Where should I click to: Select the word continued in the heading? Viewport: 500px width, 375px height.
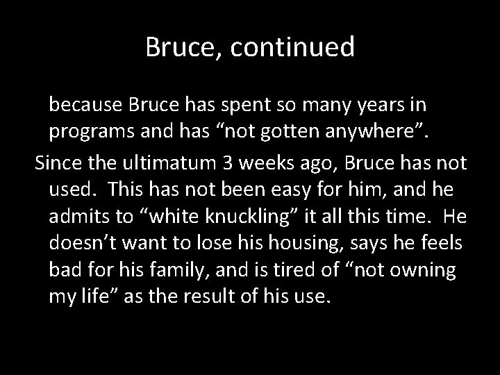click(x=290, y=47)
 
